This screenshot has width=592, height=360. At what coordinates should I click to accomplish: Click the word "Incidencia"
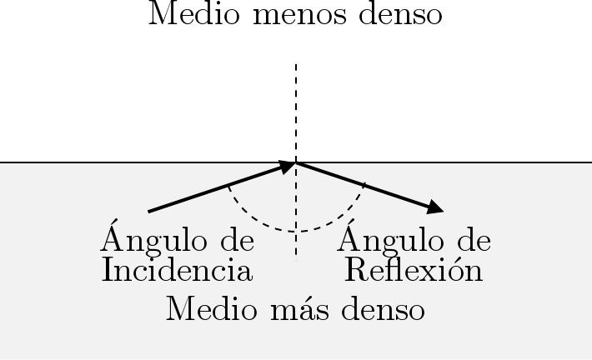pyautogui.click(x=177, y=270)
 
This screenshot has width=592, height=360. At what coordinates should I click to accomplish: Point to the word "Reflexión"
pyautogui.click(x=414, y=270)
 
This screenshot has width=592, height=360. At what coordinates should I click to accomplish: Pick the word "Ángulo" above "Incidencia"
pyautogui.click(x=149, y=240)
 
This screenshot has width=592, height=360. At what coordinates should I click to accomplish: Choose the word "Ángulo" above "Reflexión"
pyautogui.click(x=385, y=240)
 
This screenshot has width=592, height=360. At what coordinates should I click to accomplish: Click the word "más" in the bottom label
pyautogui.click(x=296, y=309)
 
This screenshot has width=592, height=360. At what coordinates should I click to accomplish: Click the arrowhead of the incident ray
pyautogui.click(x=287, y=166)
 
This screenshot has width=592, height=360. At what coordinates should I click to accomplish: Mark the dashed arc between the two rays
pyautogui.click(x=296, y=231)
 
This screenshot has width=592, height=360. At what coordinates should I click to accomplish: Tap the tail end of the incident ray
pyautogui.click(x=149, y=212)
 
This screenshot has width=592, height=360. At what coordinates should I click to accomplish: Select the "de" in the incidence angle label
pyautogui.click(x=234, y=240)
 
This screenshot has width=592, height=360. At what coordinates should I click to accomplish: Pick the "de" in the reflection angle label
pyautogui.click(x=470, y=240)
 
